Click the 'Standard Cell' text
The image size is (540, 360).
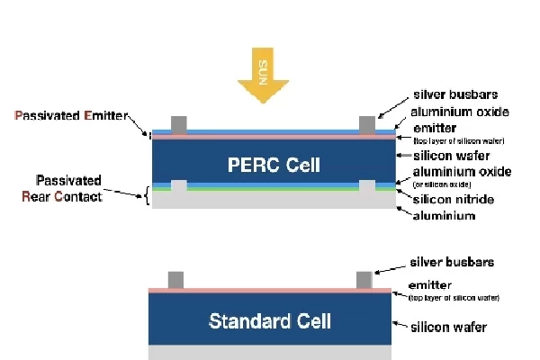[x=270, y=320]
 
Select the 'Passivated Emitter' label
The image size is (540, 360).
[x=72, y=116]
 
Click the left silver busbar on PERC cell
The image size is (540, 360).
[x=178, y=123]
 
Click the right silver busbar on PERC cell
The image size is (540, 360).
[x=366, y=123]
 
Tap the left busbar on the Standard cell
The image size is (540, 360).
[x=176, y=279]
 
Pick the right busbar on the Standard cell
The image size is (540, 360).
[x=364, y=279]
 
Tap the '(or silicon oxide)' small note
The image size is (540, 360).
[x=446, y=184]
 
